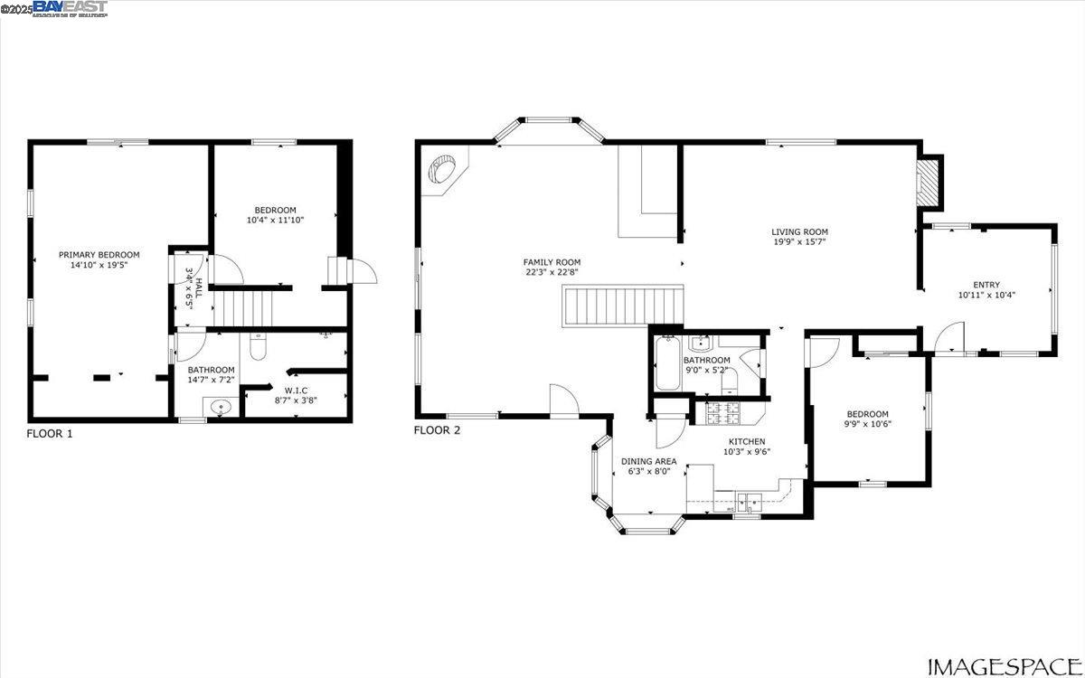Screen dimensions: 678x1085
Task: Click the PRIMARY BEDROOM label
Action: [99, 255]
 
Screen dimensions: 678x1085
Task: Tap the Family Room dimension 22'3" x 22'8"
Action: [552, 272]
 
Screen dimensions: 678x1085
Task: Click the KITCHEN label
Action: [748, 441]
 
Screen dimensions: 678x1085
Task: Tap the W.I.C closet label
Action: [297, 390]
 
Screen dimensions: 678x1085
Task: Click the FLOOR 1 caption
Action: [50, 434]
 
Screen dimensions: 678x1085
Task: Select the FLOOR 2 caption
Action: [437, 430]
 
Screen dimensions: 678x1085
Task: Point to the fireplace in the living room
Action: [929, 184]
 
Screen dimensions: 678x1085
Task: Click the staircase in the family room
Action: [622, 306]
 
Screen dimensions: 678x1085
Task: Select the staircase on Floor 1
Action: [244, 307]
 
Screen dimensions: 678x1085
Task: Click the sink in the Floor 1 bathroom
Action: [220, 409]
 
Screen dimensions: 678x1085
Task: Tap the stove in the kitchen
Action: [724, 412]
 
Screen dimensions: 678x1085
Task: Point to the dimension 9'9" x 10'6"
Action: [868, 423]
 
